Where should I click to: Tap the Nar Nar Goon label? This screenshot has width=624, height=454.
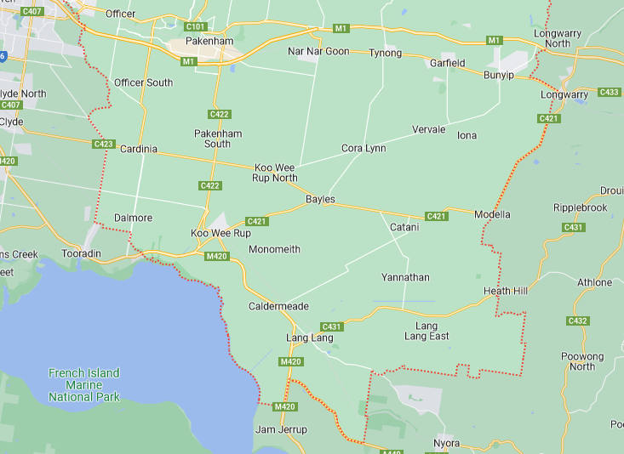click(x=318, y=52)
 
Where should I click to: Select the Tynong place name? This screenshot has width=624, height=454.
click(x=385, y=54)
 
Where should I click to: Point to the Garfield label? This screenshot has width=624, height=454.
click(x=447, y=64)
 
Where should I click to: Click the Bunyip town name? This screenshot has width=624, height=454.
click(x=499, y=76)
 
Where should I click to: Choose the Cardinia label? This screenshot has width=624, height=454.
click(x=138, y=149)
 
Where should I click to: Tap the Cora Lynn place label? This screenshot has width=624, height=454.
click(x=364, y=148)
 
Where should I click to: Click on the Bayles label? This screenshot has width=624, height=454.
click(x=320, y=200)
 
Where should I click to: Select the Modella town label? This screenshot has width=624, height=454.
click(x=492, y=214)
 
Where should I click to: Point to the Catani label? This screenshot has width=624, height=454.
click(x=404, y=228)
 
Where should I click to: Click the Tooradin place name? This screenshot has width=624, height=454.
click(x=82, y=254)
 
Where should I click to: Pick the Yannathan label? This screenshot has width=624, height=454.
click(x=405, y=278)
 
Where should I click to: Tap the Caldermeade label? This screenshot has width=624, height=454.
click(x=278, y=306)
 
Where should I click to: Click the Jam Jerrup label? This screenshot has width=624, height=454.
click(x=281, y=430)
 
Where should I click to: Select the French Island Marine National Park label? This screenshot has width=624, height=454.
click(x=83, y=385)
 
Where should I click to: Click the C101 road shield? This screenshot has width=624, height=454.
click(x=195, y=26)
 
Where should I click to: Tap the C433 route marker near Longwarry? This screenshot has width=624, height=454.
click(x=609, y=93)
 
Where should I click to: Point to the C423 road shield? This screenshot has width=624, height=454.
click(x=104, y=145)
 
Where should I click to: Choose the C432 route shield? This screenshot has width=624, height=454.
click(x=577, y=321)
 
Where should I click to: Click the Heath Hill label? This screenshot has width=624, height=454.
click(x=506, y=291)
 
